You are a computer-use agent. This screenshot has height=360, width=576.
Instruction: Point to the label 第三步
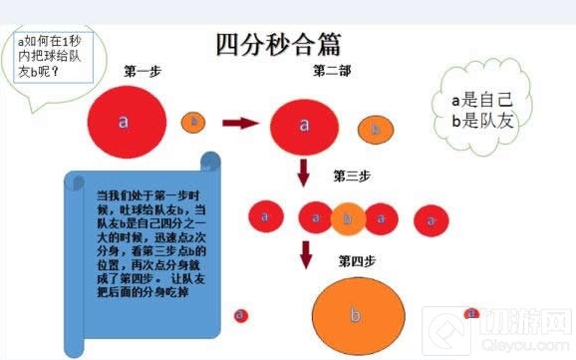click(352, 177)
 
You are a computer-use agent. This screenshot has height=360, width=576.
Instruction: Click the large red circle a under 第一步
click(124, 122)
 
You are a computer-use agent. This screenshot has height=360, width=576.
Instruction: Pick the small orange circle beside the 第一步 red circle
click(193, 122)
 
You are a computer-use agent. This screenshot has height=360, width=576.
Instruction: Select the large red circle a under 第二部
click(304, 126)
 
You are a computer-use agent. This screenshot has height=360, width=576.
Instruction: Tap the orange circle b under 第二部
click(374, 129)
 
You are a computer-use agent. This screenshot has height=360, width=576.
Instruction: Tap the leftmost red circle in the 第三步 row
click(264, 215)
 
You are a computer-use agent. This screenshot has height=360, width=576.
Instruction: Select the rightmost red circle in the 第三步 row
click(431, 218)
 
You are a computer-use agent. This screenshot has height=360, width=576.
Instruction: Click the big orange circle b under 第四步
click(356, 313)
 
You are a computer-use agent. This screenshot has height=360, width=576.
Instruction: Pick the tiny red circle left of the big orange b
click(240, 315)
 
